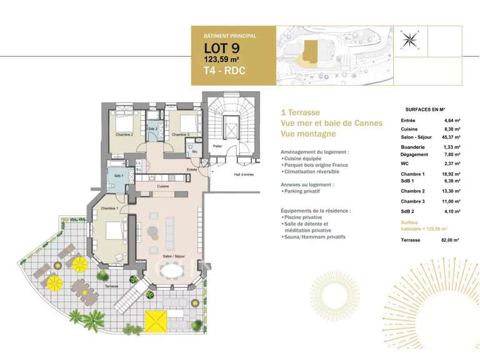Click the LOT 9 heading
point(221,48)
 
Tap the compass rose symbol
point(410,39)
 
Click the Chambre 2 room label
point(124,134)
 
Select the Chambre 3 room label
point(180,134)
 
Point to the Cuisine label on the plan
point(162,186)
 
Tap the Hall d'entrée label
point(244,174)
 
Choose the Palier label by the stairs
point(217,146)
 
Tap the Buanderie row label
point(412,147)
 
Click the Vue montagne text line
point(308,134)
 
